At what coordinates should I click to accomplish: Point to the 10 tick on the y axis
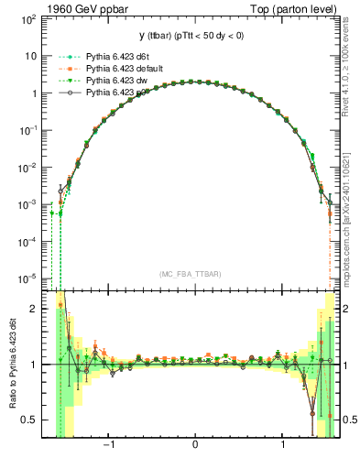32,56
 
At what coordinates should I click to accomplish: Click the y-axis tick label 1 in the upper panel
35,93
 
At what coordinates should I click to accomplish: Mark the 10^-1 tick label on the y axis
30,130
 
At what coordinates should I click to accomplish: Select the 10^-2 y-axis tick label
30,168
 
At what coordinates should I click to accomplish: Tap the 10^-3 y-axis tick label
30,204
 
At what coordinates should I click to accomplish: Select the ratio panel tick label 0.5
30,420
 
